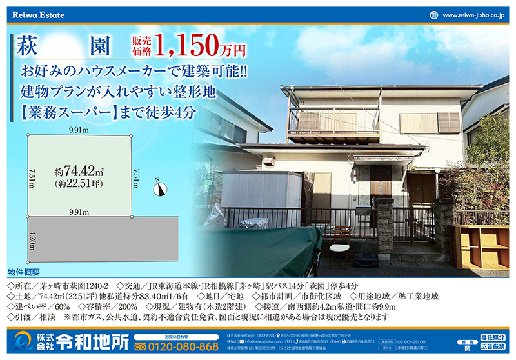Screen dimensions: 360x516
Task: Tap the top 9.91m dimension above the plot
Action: click(x=79, y=130)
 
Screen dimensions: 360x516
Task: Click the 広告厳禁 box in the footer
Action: click(x=493, y=348)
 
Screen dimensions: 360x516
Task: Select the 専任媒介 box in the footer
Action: click(x=493, y=336)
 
